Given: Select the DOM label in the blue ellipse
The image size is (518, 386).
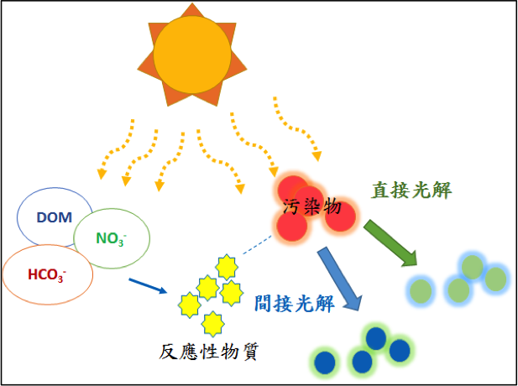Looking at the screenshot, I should (x=55, y=216).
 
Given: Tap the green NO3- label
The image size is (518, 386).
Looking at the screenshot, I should (x=111, y=238).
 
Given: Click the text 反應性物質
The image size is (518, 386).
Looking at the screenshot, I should (x=208, y=352).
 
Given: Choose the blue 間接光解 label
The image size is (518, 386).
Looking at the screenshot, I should (x=293, y=302).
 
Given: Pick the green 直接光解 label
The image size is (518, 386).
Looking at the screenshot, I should (x=411, y=190).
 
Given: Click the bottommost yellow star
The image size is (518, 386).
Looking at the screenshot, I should (x=213, y=321).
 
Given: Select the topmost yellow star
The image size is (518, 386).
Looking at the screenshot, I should (x=226, y=267).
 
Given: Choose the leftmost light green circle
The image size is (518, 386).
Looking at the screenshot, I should (x=420, y=291).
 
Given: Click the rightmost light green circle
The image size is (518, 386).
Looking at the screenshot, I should (x=496, y=278).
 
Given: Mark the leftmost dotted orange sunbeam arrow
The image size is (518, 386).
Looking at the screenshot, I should (x=113, y=151).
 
